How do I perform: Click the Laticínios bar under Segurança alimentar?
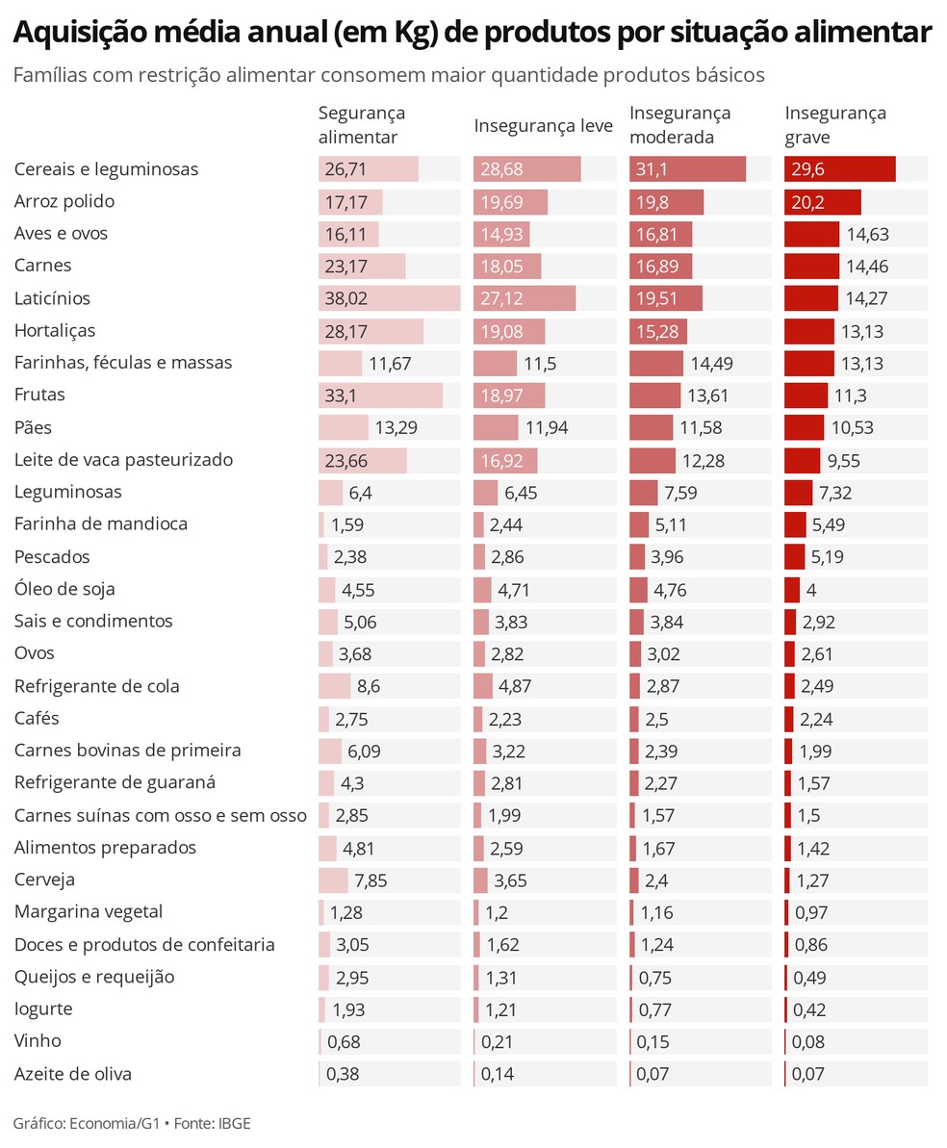(x=389, y=298)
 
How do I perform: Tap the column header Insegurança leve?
(x=543, y=126)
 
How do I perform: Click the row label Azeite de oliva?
(x=73, y=1074)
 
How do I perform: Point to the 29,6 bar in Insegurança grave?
(x=839, y=169)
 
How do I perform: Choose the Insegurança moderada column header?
(x=679, y=125)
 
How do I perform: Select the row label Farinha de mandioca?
(x=101, y=524)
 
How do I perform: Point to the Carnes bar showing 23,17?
(x=362, y=266)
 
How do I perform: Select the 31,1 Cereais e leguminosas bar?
(x=687, y=169)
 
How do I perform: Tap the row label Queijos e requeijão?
(x=94, y=977)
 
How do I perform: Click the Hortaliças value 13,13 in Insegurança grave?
(x=862, y=332)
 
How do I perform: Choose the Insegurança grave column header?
(x=835, y=125)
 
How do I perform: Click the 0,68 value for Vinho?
(x=344, y=1042)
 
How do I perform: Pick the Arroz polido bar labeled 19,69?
(x=510, y=202)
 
